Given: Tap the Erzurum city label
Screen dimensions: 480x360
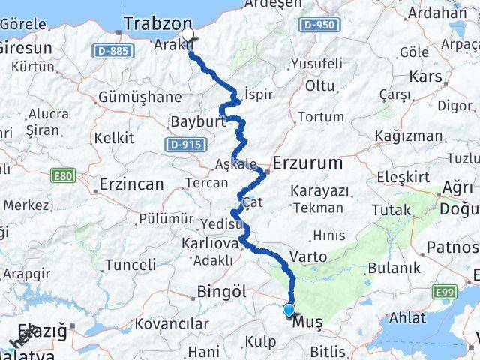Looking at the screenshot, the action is (307, 163).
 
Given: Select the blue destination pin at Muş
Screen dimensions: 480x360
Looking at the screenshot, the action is (289, 309).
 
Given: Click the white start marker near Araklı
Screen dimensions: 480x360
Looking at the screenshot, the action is (187, 34).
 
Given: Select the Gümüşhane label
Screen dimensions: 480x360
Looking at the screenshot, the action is (139, 97).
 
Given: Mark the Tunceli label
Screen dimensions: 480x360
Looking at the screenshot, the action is (130, 264).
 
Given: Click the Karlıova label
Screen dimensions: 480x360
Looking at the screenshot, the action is (209, 244).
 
